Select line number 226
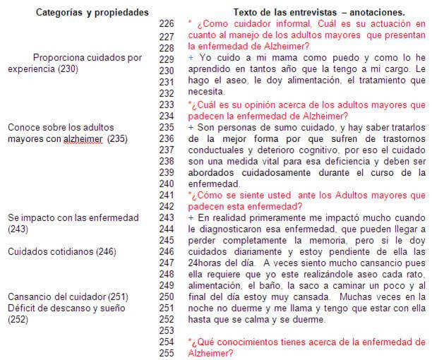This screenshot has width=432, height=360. point(167,24)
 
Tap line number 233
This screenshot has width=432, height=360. point(167,104)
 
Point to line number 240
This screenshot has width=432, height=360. point(167,184)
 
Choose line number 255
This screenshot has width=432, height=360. point(167,353)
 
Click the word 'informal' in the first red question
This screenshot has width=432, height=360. point(280,25)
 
